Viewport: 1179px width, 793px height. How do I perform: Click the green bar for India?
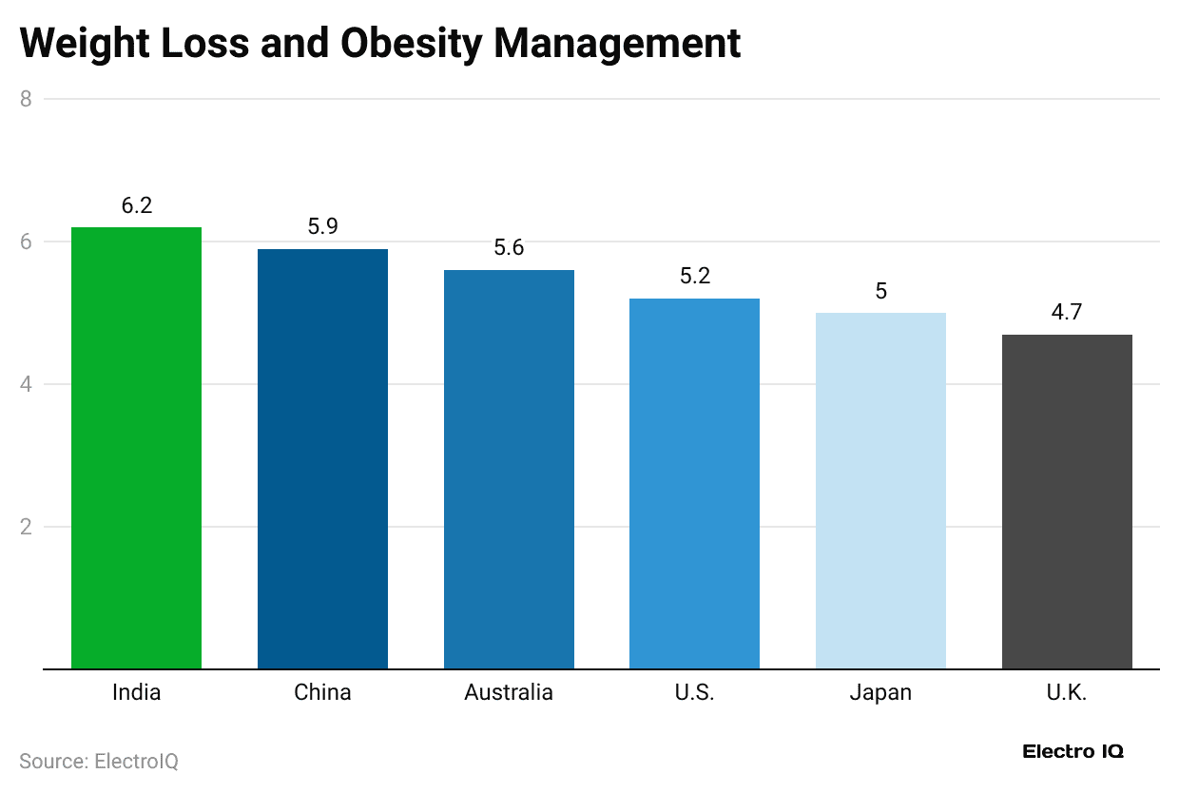(x=136, y=447)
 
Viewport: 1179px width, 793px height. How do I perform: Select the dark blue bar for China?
(x=322, y=458)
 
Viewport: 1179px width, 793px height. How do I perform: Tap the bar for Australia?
(x=509, y=469)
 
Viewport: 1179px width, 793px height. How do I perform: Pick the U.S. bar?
(x=694, y=483)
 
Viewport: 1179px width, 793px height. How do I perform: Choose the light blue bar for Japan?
(x=880, y=491)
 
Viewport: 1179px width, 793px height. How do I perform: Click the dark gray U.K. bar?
(x=1067, y=501)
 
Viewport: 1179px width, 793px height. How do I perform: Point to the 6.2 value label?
(x=137, y=205)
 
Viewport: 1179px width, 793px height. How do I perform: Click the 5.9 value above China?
(x=322, y=227)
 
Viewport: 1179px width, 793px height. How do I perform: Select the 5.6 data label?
(x=509, y=248)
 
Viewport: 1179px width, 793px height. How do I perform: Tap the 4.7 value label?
(x=1067, y=312)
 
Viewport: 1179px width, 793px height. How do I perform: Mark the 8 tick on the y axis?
(x=27, y=99)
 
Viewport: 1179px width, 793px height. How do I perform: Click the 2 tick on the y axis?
(x=27, y=527)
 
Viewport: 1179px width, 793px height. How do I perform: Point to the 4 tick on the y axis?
(x=27, y=384)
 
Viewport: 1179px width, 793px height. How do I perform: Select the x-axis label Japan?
(x=880, y=692)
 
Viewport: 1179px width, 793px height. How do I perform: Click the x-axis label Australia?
(x=509, y=692)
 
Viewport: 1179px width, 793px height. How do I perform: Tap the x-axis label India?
(x=136, y=692)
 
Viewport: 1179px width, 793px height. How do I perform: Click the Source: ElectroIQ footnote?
(x=99, y=761)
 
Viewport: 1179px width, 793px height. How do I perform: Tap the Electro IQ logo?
(x=1073, y=751)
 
